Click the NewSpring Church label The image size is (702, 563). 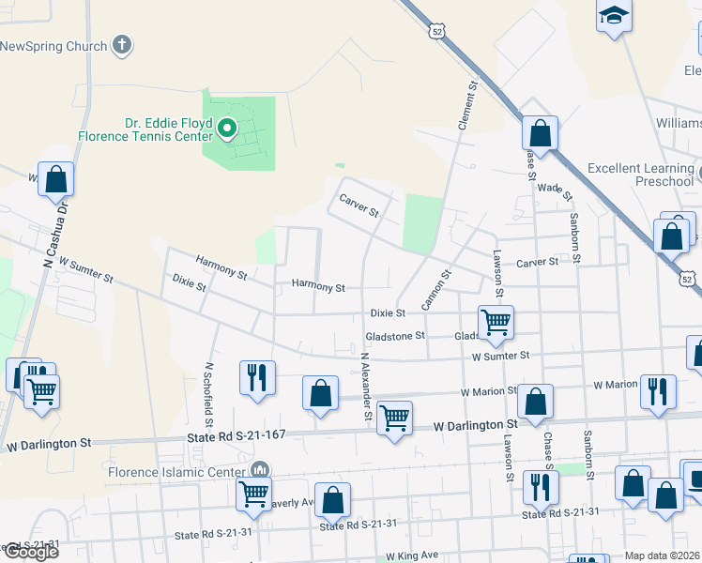coord(53,45)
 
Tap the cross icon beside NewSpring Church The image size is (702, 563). coord(122,44)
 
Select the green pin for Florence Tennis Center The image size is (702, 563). coord(226,129)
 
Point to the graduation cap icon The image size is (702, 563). coord(614,17)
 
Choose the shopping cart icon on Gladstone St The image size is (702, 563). coord(496,323)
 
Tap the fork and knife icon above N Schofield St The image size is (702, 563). coord(256,377)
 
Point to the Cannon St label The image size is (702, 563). coord(432,292)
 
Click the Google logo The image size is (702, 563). coord(30,552)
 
